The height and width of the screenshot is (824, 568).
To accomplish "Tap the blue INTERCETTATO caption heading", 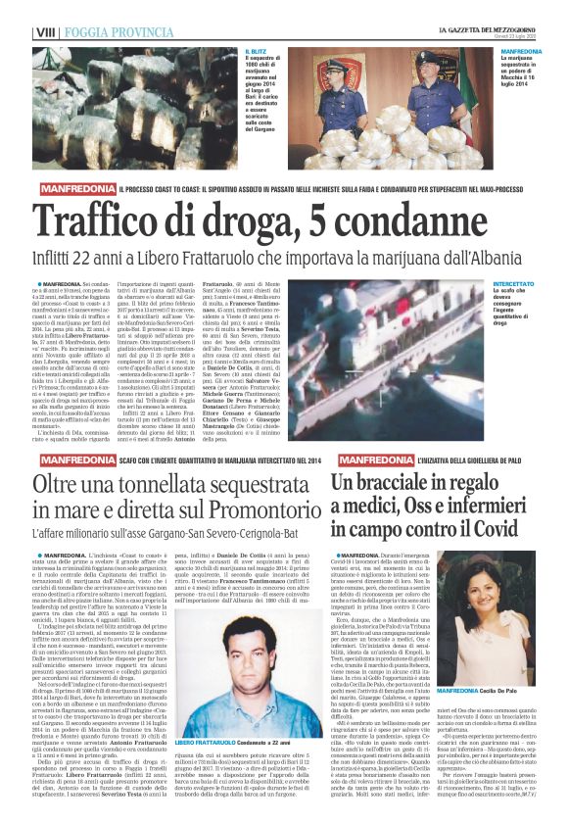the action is (x=514, y=282).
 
